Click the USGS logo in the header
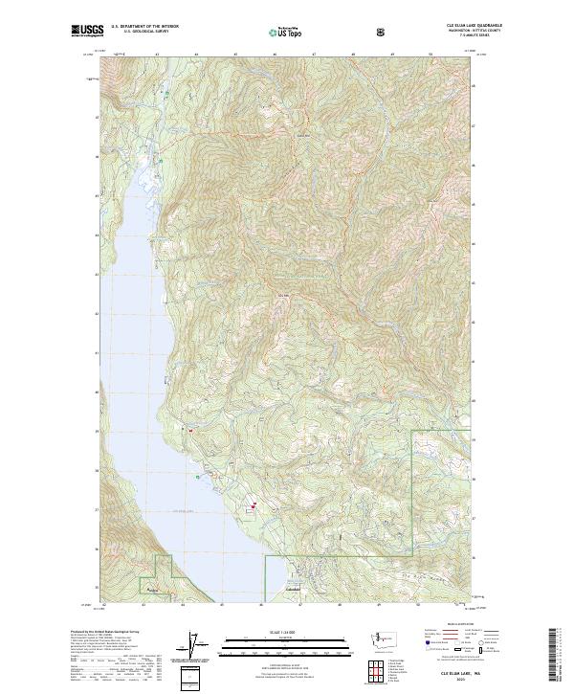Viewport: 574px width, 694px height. tap(87, 30)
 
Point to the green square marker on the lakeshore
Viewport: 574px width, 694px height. tap(198, 477)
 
